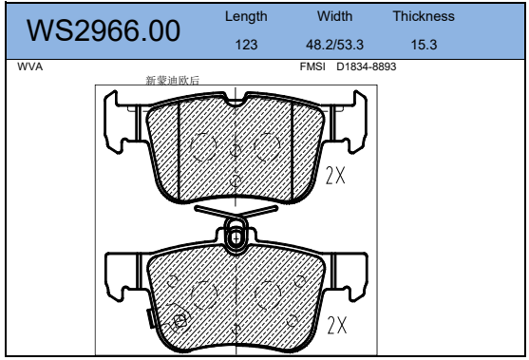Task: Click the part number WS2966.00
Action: (x=104, y=30)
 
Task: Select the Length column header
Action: (x=246, y=16)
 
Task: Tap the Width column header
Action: (x=334, y=16)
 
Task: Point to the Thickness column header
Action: (x=424, y=16)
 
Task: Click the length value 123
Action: (x=246, y=45)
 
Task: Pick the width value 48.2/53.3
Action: (x=334, y=45)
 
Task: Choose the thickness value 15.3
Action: (x=424, y=45)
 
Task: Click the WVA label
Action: (x=30, y=66)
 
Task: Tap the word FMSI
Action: (x=312, y=66)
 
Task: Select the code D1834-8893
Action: (x=366, y=66)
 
